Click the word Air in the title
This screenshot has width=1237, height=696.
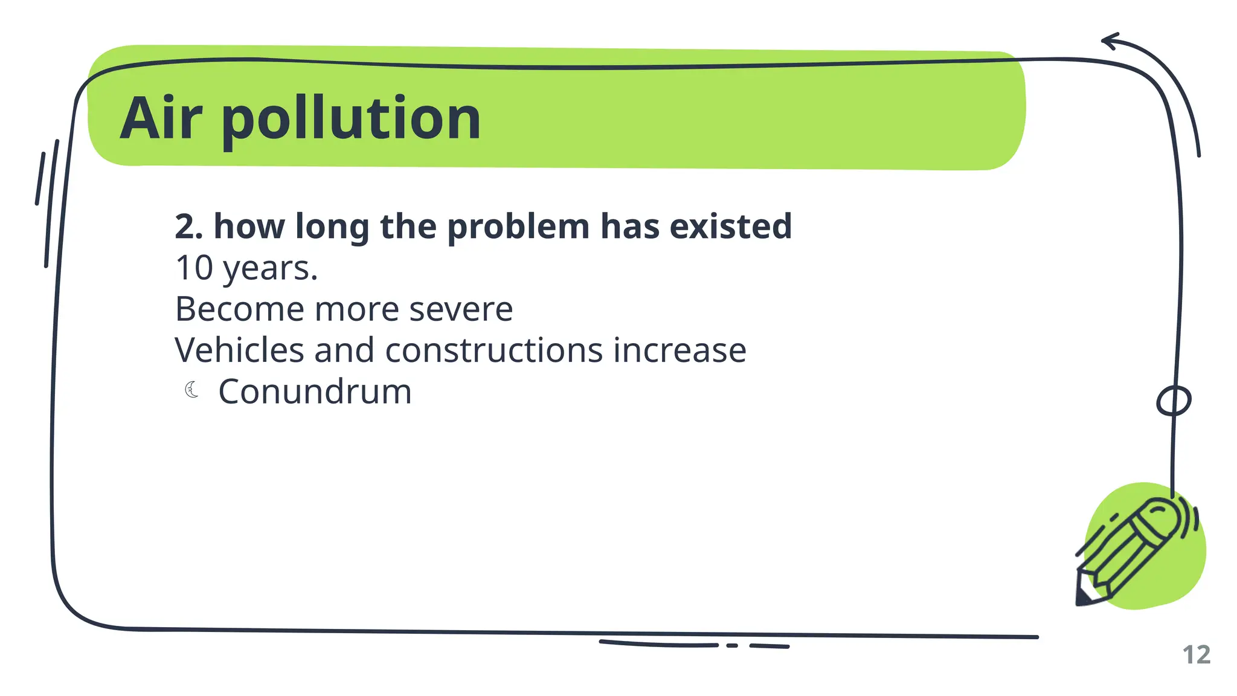pyautogui.click(x=160, y=118)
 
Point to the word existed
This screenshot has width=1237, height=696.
pyautogui.click(x=730, y=227)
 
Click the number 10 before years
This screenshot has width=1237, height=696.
pyautogui.click(x=194, y=268)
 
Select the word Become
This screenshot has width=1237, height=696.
pyautogui.click(x=239, y=309)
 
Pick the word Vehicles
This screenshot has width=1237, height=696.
pyautogui.click(x=239, y=350)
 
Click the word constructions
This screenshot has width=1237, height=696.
pyautogui.click(x=493, y=350)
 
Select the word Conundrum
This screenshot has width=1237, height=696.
pyautogui.click(x=315, y=391)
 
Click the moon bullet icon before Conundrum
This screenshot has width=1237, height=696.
pyautogui.click(x=191, y=390)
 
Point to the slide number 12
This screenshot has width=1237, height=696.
pyautogui.click(x=1196, y=655)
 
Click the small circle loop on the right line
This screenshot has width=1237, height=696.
pyautogui.click(x=1174, y=401)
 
